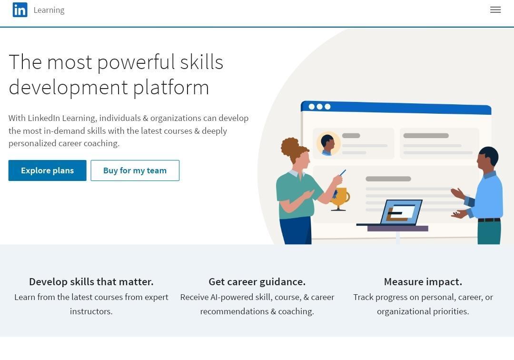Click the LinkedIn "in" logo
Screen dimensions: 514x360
[x=20, y=10]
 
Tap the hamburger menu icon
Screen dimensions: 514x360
[x=495, y=10]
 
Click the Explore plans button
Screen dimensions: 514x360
[x=48, y=170]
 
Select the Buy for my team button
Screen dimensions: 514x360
[x=135, y=170]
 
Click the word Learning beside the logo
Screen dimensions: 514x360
[x=49, y=10]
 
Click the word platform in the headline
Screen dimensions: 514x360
[x=171, y=88]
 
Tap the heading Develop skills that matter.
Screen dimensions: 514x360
[x=91, y=281]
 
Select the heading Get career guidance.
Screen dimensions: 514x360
[x=257, y=281]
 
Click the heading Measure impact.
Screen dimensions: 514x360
[x=423, y=281]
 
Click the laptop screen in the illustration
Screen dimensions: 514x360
[x=401, y=212]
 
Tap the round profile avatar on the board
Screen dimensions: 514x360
[x=328, y=144]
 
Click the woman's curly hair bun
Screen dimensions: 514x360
[x=290, y=148]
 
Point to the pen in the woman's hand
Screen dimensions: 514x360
[x=343, y=172]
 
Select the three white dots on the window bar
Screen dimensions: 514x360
[x=320, y=107]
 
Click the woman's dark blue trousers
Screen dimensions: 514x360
[x=296, y=230]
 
